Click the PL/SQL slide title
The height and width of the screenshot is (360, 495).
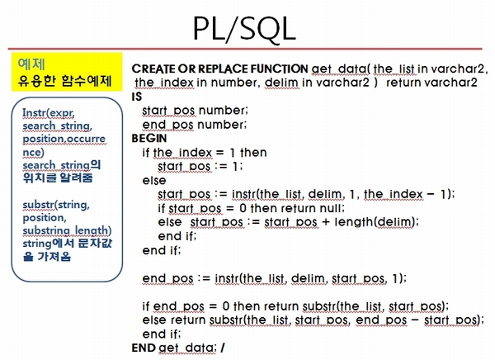pos(244,29)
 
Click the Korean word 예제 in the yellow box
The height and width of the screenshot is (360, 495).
pos(31,64)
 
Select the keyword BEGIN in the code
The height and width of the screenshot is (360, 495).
pos(149,139)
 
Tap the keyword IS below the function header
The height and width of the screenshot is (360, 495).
pos(137,97)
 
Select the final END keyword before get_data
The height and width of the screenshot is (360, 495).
pos(144,348)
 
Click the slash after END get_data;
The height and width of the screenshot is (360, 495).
pos(223,348)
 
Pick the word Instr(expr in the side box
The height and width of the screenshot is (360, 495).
pos(49,112)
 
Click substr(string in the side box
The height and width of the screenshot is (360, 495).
pos(56,205)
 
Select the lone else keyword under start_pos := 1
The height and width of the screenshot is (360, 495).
pos(154,181)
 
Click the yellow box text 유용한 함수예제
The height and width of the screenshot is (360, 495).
pos(64,81)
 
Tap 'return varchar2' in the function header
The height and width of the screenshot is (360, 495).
pos(431,83)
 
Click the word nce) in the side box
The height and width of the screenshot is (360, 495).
pos(34,152)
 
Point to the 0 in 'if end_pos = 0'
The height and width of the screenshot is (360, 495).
pos(226,306)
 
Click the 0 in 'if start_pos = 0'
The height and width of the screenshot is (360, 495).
pos(243,208)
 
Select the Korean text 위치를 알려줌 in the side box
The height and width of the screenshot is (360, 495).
pos(58,178)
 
